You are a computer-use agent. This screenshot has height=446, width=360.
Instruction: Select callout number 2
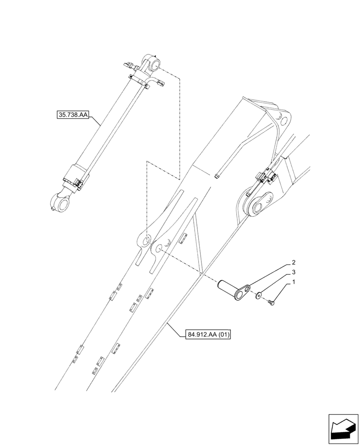pyautogui.click(x=294, y=263)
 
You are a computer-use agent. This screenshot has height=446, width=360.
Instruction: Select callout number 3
pyautogui.click(x=294, y=272)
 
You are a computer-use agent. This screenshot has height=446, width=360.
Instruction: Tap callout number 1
pyautogui.click(x=294, y=282)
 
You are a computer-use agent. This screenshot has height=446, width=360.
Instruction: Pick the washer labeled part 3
pyautogui.click(x=259, y=295)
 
